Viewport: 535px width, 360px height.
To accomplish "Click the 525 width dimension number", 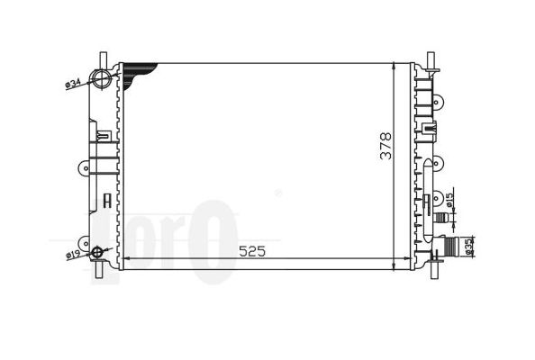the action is pyautogui.click(x=252, y=252).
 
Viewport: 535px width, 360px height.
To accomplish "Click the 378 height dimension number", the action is pyautogui.click(x=385, y=146).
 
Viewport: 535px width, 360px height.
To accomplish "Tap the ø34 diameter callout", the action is pyautogui.click(x=72, y=84).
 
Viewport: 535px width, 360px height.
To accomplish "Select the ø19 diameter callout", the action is pyautogui.click(x=72, y=255).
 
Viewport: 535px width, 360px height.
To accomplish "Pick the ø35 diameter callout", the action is pyautogui.click(x=468, y=247).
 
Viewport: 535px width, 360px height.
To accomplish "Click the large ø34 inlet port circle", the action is pyautogui.click(x=102, y=78).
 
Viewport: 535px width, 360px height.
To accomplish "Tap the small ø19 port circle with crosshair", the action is pyautogui.click(x=97, y=252).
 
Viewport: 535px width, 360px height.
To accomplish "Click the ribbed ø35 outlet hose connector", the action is pyautogui.click(x=449, y=245).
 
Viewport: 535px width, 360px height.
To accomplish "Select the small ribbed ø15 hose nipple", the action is pyautogui.click(x=440, y=217).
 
